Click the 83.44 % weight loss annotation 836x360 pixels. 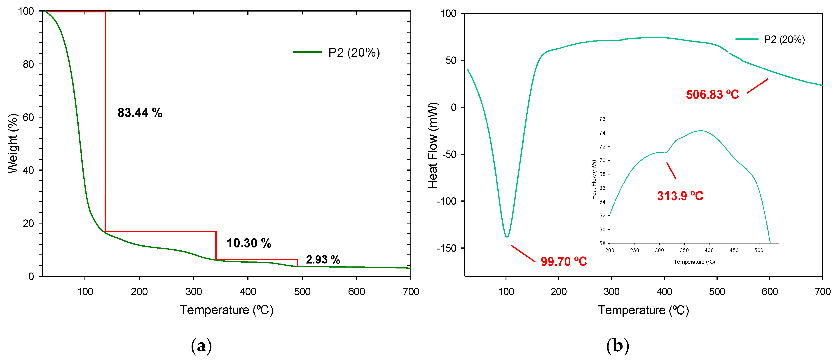(x=140, y=113)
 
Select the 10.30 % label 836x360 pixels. (x=249, y=243)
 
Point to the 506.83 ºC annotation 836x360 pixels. (x=712, y=95)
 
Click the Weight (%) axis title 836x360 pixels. (x=13, y=144)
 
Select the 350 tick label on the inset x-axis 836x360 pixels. (x=684, y=250)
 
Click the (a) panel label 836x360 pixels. (x=201, y=346)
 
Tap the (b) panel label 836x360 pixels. (x=617, y=346)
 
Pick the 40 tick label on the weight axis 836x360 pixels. (x=28, y=170)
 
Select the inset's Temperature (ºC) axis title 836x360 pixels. (x=694, y=262)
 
